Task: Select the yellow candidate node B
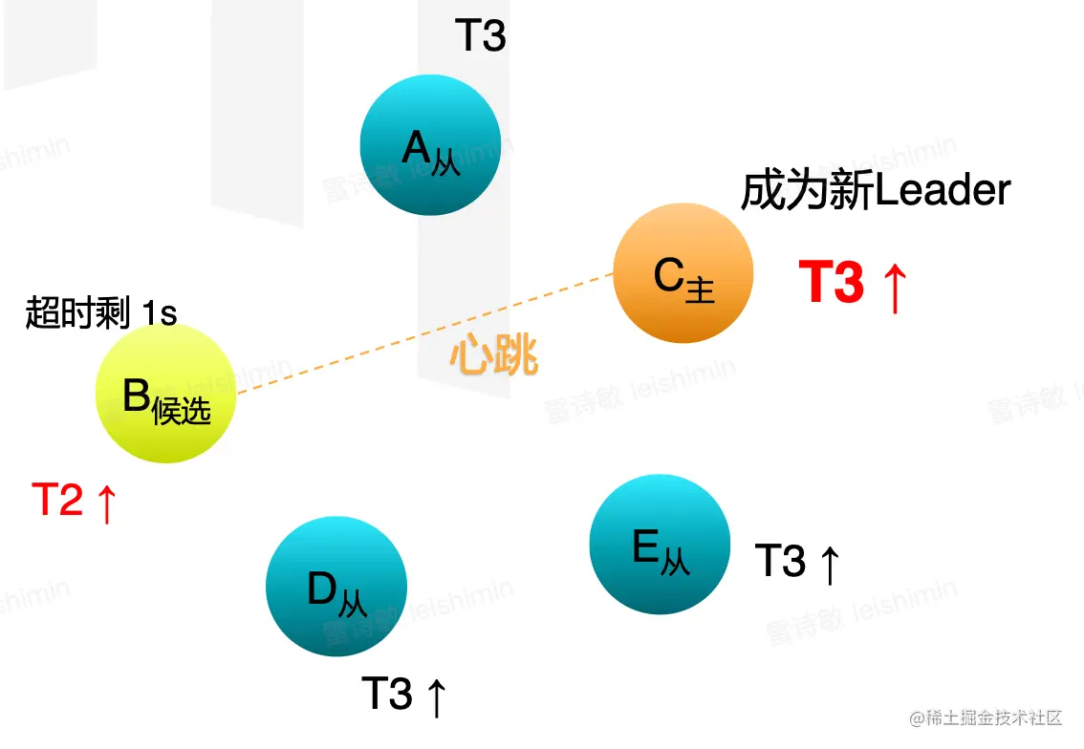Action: point(165,394)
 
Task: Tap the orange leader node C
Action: point(683,273)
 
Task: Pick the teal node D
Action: point(336,587)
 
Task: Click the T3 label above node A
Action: point(480,37)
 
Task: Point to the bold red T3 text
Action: point(831,283)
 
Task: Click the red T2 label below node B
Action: point(57,500)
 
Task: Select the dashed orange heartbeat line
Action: point(421,333)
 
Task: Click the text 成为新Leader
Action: point(875,191)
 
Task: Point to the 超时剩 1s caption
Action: point(100,312)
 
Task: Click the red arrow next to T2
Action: point(105,503)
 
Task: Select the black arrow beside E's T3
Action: point(829,563)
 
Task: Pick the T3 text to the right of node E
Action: point(780,561)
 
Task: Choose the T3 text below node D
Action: point(387,694)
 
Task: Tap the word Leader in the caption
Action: point(943,191)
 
